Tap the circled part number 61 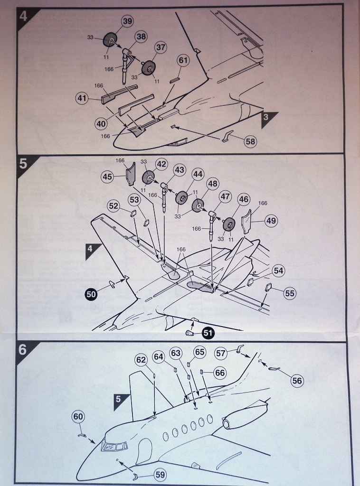[x=184, y=60]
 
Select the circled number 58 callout [x=250, y=141]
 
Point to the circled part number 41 [x=83, y=99]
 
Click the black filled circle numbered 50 [x=91, y=294]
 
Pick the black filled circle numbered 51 [x=208, y=333]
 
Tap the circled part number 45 [x=108, y=177]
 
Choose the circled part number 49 [x=271, y=221]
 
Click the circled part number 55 [x=290, y=293]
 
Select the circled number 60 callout [x=78, y=417]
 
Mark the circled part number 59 [x=160, y=474]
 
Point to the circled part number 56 [x=297, y=380]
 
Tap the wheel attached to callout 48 [x=199, y=206]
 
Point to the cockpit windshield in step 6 [x=114, y=446]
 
